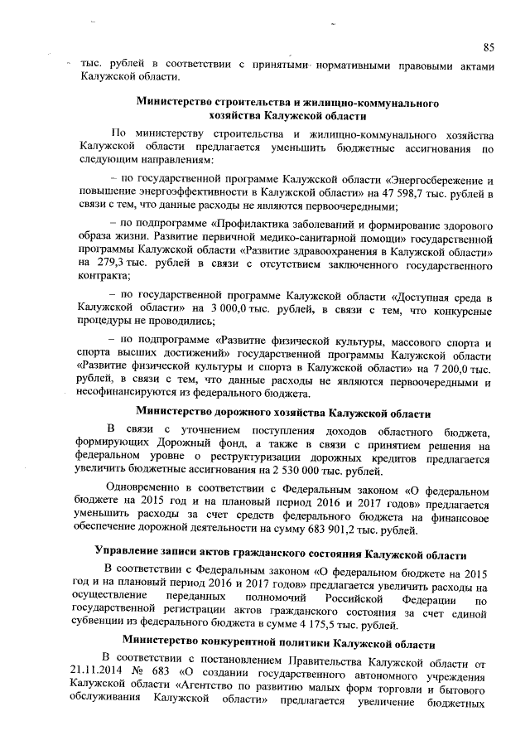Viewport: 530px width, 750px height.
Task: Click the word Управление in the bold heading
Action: (x=132, y=553)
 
